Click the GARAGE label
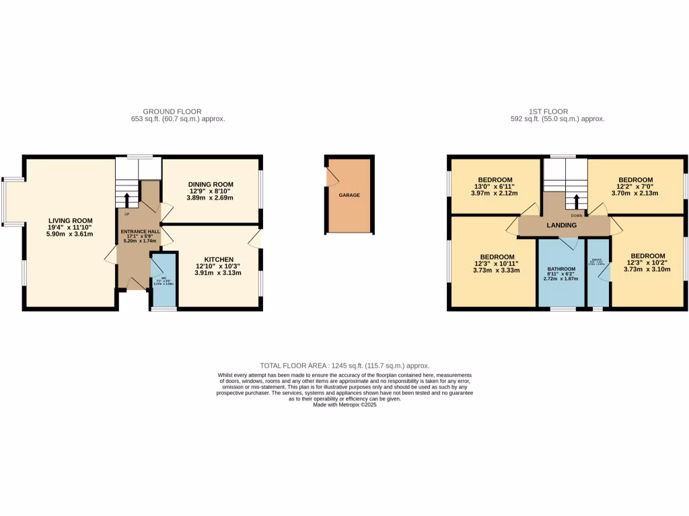tap(349, 195)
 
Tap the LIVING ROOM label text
tap(70, 220)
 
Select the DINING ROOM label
tap(211, 184)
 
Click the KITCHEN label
tap(219, 259)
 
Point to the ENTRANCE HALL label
tap(140, 230)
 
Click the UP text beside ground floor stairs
tap(126, 214)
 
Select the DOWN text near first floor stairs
tap(577, 216)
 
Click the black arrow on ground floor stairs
tap(126, 198)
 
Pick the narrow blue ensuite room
tap(597, 272)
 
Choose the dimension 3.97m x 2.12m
tap(495, 193)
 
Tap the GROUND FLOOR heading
tap(172, 112)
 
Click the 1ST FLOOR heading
tap(548, 112)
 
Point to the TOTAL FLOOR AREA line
tap(344, 365)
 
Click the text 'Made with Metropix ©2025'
tap(344, 404)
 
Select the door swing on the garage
tap(331, 175)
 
